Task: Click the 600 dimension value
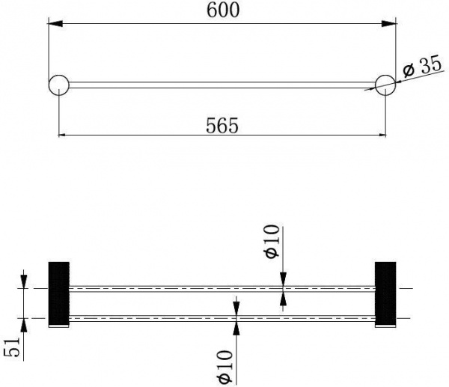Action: pyautogui.click(x=223, y=11)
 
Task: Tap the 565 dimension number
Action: pyautogui.click(x=222, y=126)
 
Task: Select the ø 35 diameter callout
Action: pyautogui.click(x=422, y=67)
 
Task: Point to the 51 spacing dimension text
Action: pyautogui.click(x=12, y=347)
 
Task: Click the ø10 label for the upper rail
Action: pyautogui.click(x=272, y=241)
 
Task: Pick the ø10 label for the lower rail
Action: pyautogui.click(x=224, y=366)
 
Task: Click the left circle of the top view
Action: pyautogui.click(x=58, y=85)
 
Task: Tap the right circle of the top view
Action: pyautogui.click(x=385, y=85)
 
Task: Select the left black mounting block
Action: pyautogui.click(x=58, y=293)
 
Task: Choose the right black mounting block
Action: pyautogui.click(x=385, y=293)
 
